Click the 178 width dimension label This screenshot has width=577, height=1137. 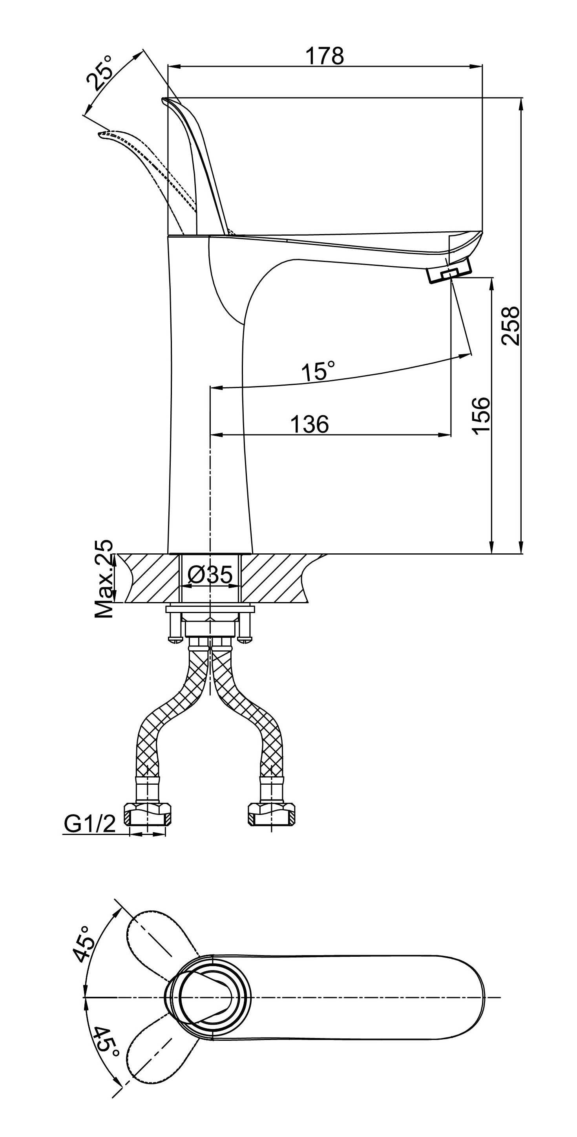[324, 56]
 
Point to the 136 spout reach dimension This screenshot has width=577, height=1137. [310, 424]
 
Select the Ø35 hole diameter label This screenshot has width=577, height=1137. [210, 574]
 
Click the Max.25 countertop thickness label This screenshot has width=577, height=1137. [104, 578]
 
